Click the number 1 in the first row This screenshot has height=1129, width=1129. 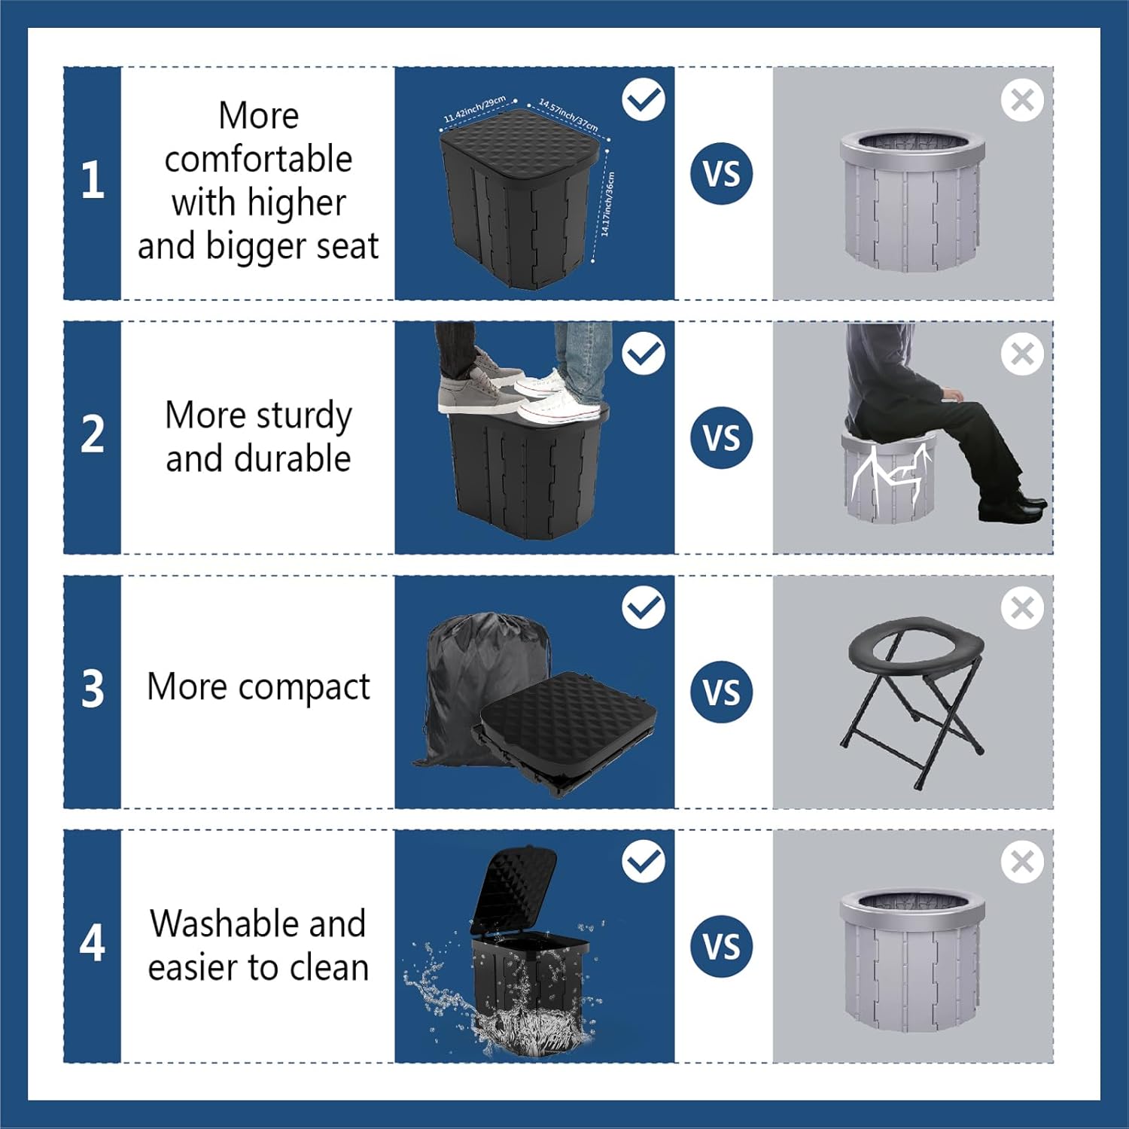pyautogui.click(x=92, y=181)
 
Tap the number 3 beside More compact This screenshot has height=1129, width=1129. pyautogui.click(x=92, y=689)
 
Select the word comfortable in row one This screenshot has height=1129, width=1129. pyautogui.click(x=258, y=160)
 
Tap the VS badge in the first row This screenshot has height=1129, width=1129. pyautogui.click(x=721, y=174)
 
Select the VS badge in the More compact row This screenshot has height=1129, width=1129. pyautogui.click(x=721, y=692)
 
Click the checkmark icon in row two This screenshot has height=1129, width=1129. pyautogui.click(x=644, y=353)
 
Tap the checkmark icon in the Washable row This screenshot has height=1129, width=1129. pyautogui.click(x=644, y=861)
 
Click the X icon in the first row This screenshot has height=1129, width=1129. pyautogui.click(x=1022, y=99)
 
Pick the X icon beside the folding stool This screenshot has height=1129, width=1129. pyautogui.click(x=1022, y=607)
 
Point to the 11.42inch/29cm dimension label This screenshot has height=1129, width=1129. pyautogui.click(x=474, y=110)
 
